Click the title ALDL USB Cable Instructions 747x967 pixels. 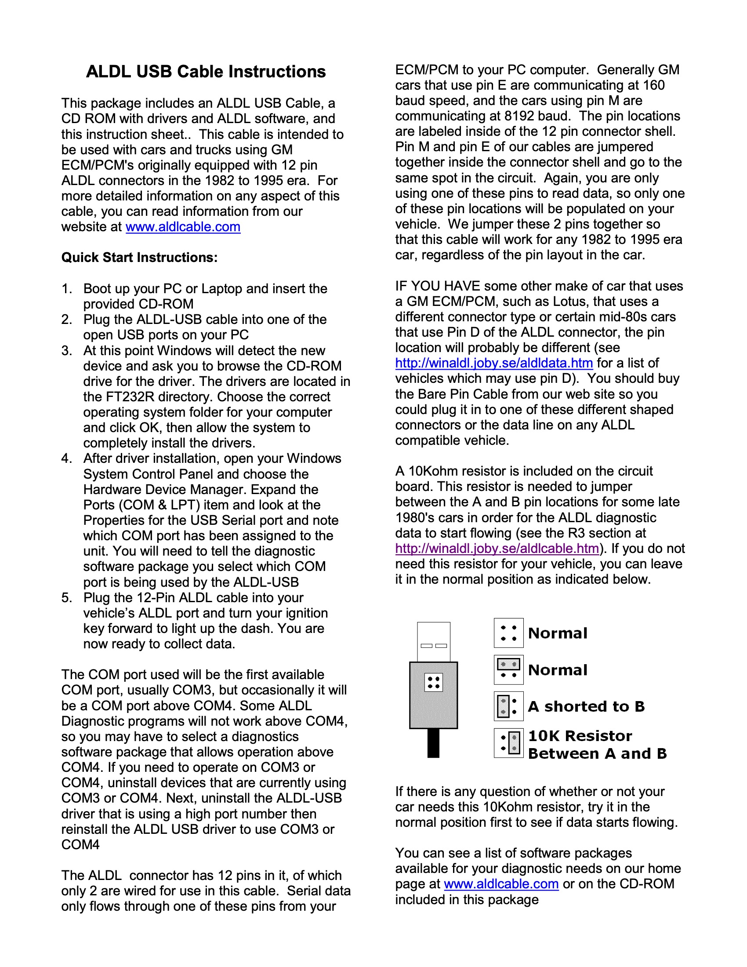206,72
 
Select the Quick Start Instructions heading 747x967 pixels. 139,257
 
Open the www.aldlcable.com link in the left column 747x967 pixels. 183,227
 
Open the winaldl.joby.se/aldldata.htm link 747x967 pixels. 494,363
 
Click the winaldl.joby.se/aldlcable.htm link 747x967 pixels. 497,549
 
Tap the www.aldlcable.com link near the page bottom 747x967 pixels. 501,884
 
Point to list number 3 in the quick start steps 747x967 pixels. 66,351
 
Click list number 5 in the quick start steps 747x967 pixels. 66,598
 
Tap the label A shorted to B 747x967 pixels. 586,706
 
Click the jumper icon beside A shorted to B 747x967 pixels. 508,706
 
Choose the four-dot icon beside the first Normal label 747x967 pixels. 508,633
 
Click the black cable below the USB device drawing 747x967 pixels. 433,743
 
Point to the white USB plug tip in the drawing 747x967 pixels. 433,642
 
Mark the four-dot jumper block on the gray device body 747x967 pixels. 433,682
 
